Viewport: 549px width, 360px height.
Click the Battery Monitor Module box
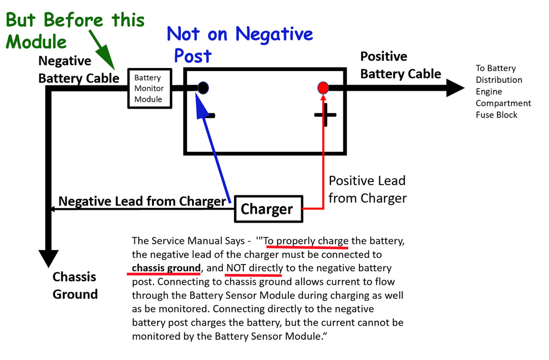click(149, 88)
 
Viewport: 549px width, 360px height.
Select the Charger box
click(268, 209)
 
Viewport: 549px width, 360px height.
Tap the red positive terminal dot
click(323, 88)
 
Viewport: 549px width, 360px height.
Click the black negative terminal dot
click(203, 88)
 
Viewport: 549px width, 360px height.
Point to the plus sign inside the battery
click(325, 115)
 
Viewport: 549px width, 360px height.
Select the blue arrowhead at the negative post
click(200, 106)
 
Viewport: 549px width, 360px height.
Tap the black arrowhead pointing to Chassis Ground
click(48, 258)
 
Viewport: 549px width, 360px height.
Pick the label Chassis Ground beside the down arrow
click(75, 285)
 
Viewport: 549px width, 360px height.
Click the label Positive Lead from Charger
click(367, 189)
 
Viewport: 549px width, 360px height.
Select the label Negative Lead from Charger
click(142, 201)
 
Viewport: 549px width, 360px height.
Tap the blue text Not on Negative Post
click(240, 45)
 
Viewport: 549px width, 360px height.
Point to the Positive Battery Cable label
click(400, 65)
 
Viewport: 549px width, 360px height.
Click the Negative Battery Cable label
click(78, 70)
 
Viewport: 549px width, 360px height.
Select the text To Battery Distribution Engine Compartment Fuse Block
click(503, 91)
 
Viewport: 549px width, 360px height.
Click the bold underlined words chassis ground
click(166, 268)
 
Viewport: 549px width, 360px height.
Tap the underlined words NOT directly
click(255, 268)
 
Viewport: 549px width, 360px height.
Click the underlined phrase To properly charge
click(306, 241)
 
